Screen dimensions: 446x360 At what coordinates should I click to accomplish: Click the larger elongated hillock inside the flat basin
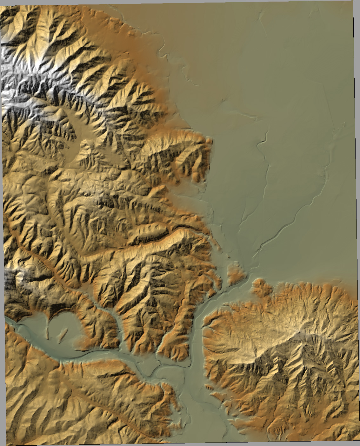coord(63,335)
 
